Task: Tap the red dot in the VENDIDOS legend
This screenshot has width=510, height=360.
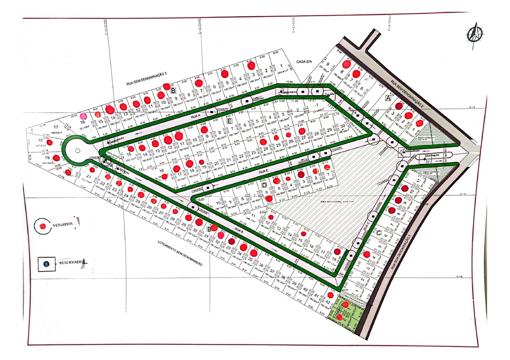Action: point(42,226)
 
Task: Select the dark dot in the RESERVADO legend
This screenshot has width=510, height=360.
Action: point(47,264)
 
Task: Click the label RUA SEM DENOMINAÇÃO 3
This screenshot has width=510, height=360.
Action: point(146,79)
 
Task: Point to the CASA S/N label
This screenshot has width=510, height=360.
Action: point(304,61)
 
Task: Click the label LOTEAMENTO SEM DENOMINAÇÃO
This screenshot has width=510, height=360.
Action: point(180,253)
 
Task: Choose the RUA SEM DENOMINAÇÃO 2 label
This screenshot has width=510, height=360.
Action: point(407,94)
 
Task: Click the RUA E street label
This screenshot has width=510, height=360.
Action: point(263,172)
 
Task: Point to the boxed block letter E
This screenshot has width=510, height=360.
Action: point(229,121)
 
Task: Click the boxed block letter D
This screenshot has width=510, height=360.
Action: point(264,185)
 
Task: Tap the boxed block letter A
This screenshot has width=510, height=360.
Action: point(388,98)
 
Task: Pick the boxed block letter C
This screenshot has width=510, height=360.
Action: point(379,233)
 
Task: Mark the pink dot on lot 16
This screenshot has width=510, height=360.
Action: point(83,116)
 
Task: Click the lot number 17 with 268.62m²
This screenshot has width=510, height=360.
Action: point(56,127)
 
